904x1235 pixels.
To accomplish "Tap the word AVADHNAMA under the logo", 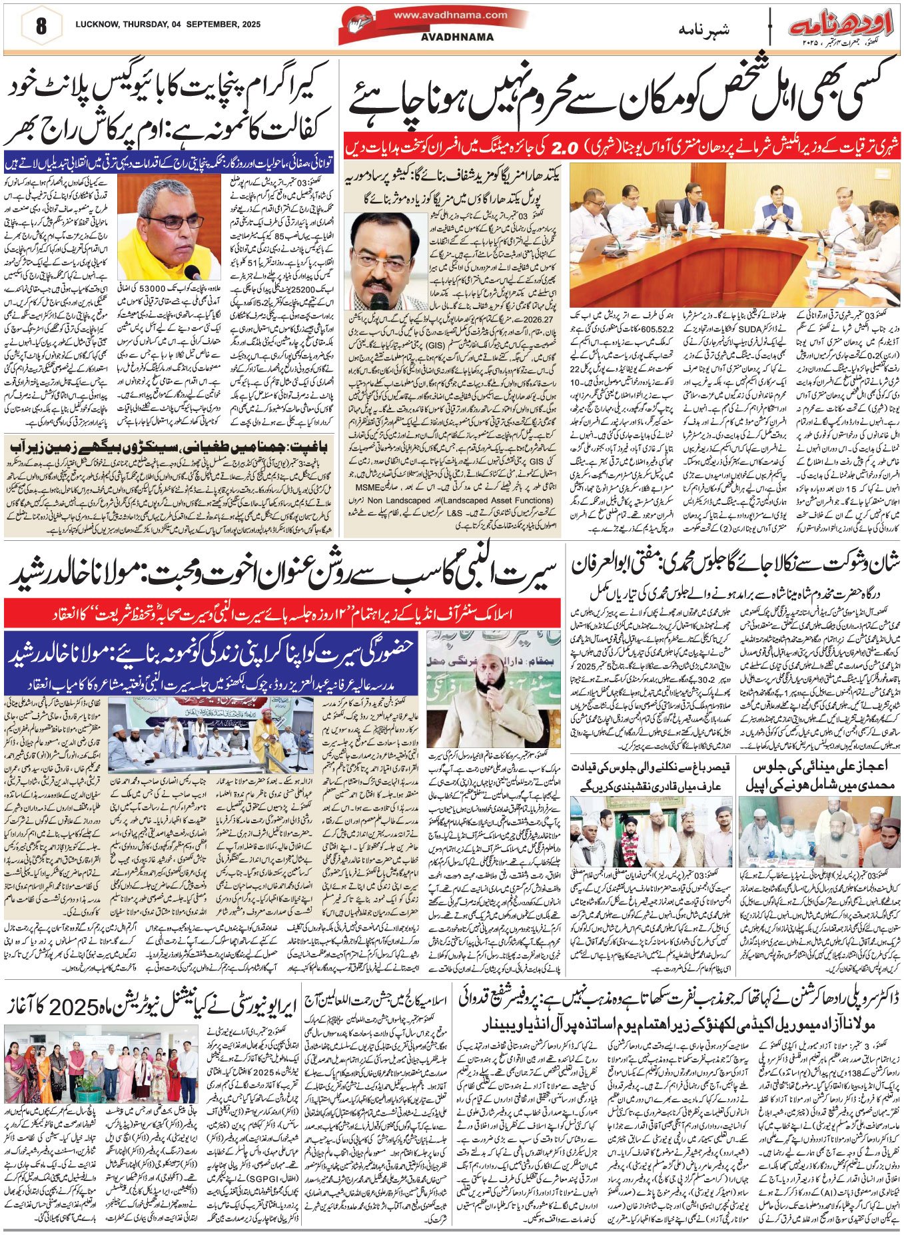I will pos(450,37).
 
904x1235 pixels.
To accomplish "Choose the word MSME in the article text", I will pos(541,491).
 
